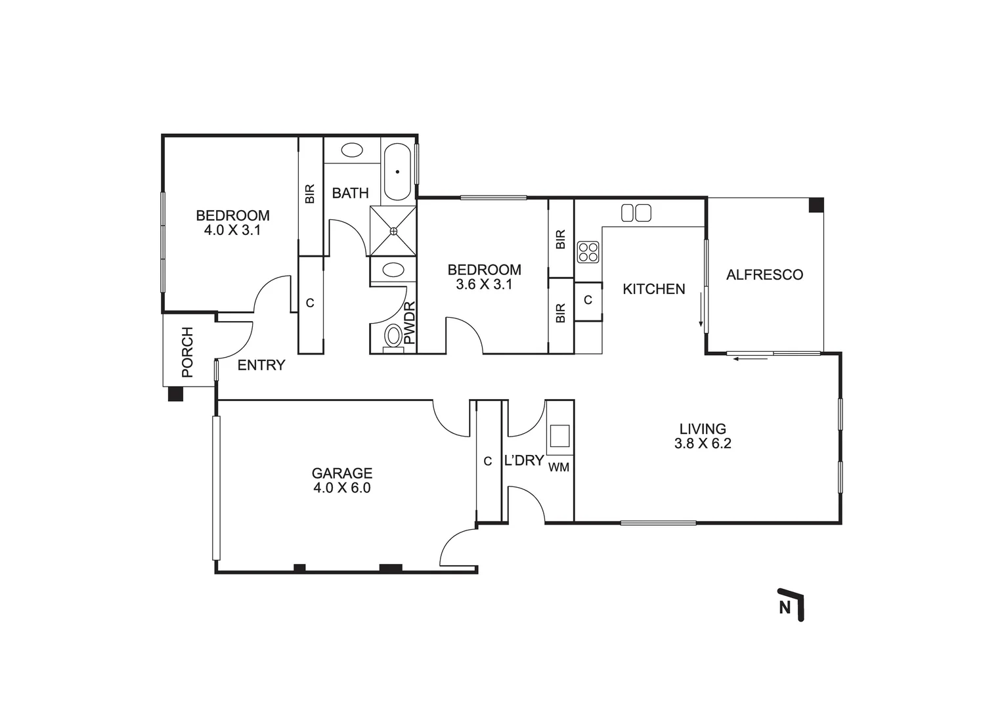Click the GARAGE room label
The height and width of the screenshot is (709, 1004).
click(341, 473)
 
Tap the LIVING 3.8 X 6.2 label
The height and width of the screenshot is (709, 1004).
click(702, 437)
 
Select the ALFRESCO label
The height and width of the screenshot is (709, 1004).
click(764, 275)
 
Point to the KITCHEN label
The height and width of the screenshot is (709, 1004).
click(653, 289)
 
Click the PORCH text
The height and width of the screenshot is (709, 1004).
click(187, 352)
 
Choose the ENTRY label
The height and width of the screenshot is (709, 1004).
click(261, 366)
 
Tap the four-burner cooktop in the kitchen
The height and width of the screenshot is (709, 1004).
click(588, 252)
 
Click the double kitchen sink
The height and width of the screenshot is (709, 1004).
click(636, 213)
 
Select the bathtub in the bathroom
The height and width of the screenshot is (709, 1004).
click(397, 171)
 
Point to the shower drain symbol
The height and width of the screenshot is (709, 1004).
click(393, 230)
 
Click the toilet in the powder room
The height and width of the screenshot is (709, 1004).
click(393, 337)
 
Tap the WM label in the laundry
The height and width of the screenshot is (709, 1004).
click(558, 467)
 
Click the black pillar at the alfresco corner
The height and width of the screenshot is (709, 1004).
click(816, 205)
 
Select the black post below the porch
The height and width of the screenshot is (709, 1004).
click(175, 394)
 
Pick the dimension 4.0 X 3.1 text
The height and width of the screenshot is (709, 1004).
click(232, 230)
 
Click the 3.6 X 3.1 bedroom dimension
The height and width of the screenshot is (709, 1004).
click(484, 284)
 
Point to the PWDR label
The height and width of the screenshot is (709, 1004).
click(410, 323)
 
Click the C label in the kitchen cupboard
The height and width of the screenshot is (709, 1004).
click(588, 300)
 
